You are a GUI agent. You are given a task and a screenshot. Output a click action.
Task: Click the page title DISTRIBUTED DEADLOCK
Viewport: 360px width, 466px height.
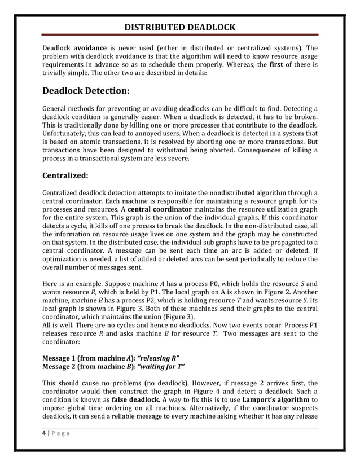tap(180, 27)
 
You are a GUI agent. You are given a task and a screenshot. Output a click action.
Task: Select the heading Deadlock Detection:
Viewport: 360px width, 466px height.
tap(86, 90)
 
